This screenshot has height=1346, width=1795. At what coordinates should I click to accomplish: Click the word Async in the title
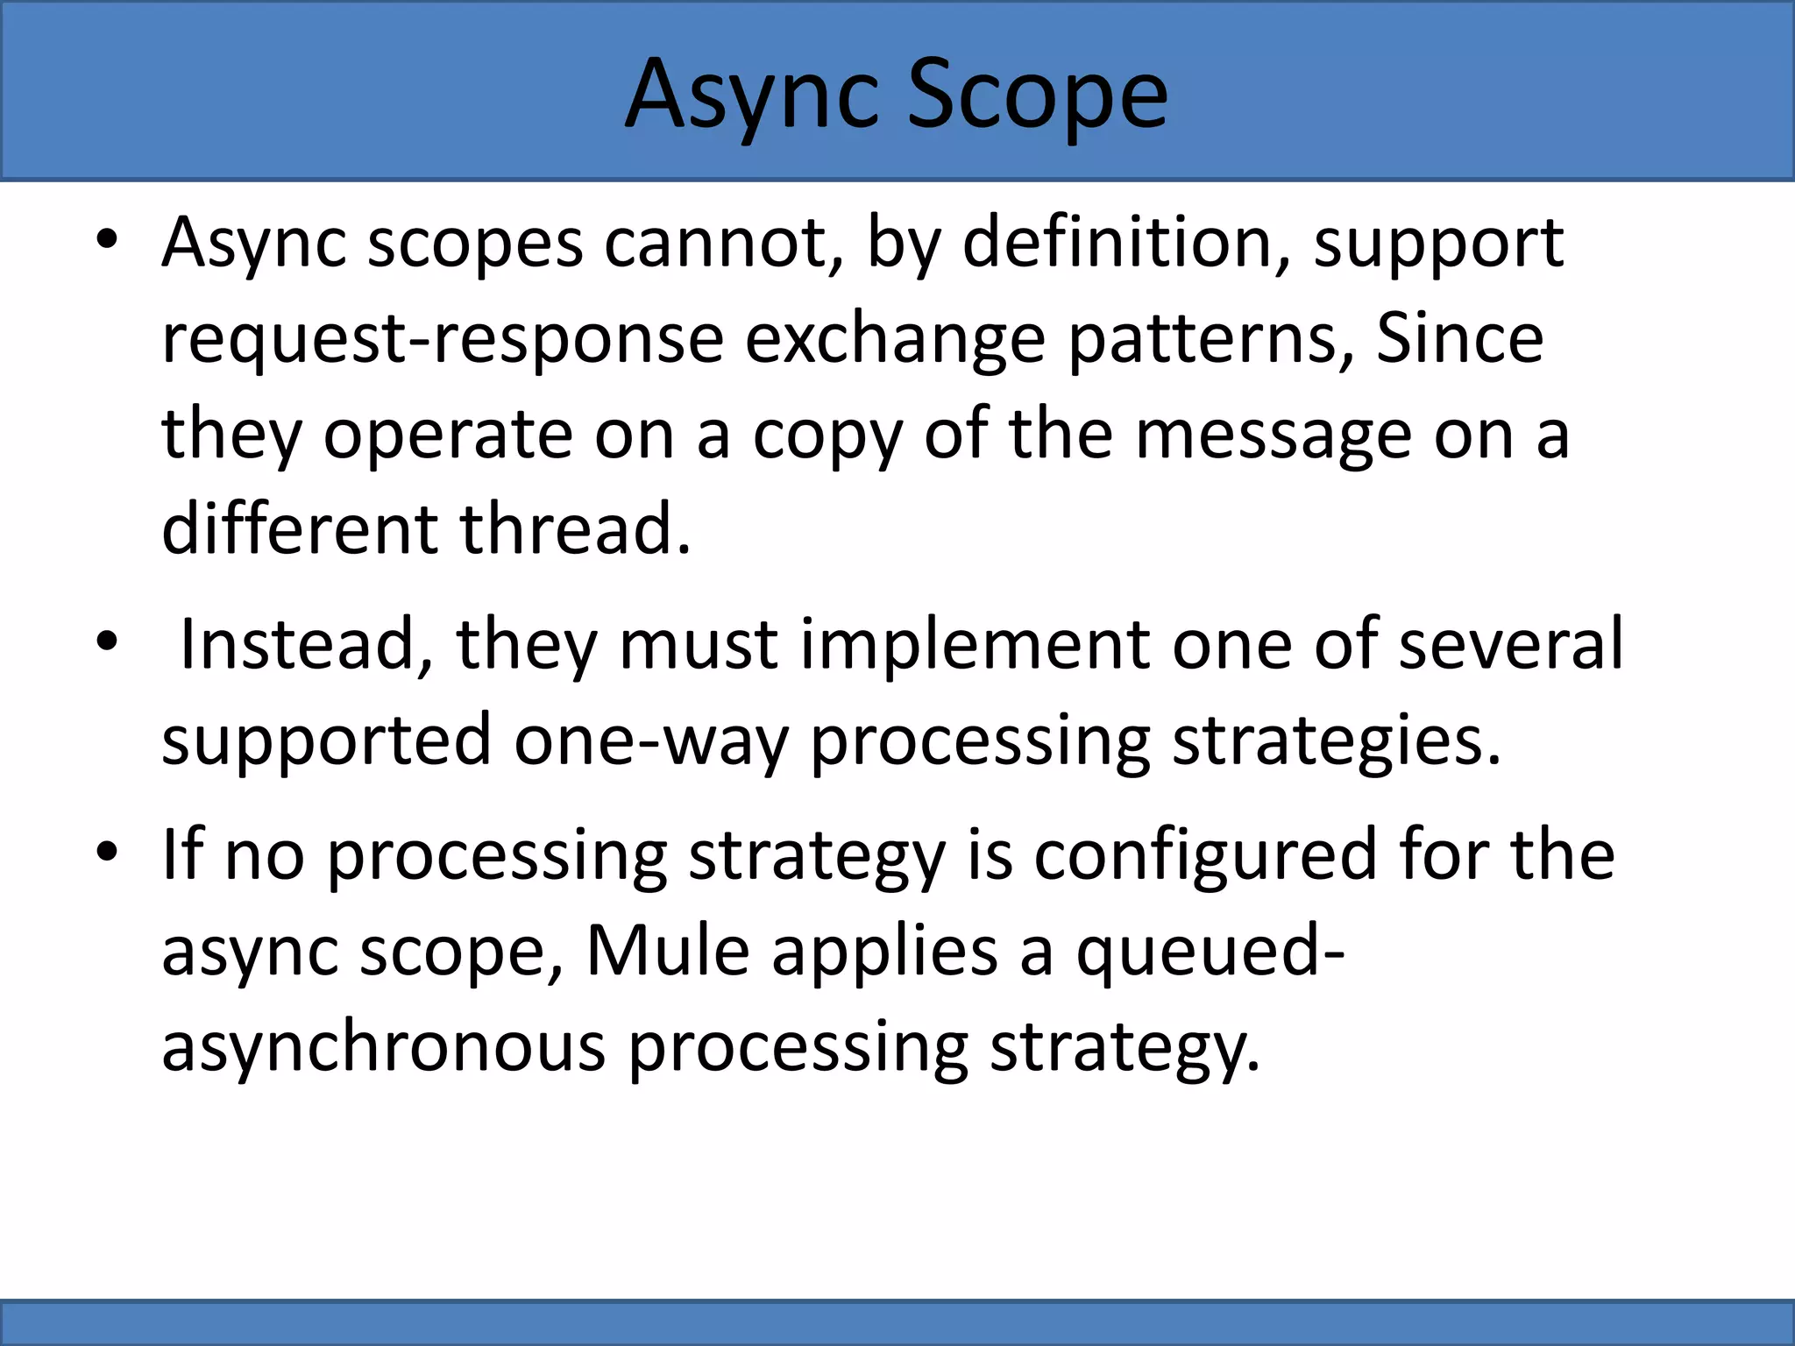(752, 95)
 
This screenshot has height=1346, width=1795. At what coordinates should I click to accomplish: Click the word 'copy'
(827, 436)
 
